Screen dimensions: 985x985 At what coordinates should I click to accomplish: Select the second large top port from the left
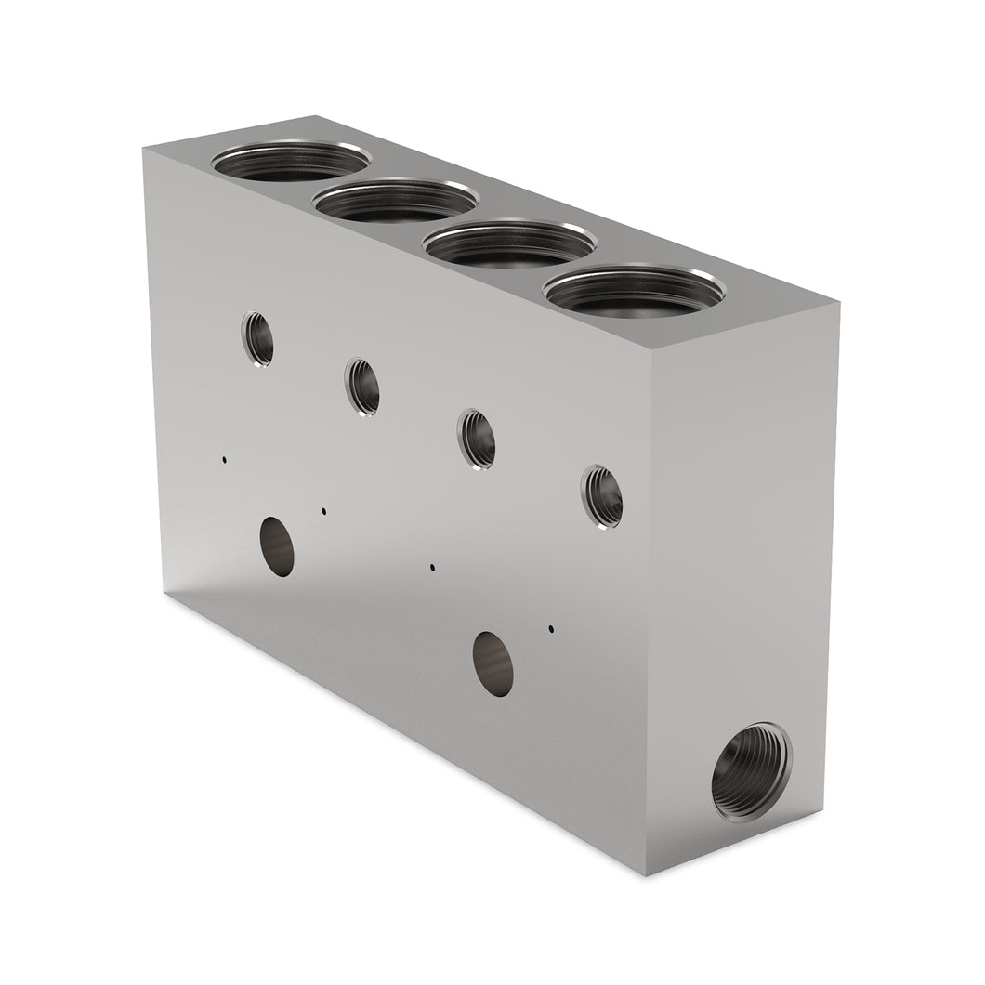pos(396,201)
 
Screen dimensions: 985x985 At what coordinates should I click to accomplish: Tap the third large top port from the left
pos(509,244)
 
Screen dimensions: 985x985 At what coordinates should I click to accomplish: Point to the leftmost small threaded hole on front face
pos(257,338)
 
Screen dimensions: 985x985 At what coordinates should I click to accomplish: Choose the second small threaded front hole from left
pos(362,387)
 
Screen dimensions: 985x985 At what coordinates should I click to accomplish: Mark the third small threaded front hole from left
pos(477,438)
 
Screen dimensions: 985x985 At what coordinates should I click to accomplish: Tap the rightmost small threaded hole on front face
pos(601,494)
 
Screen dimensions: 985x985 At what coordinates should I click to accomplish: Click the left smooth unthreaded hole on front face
pos(277,545)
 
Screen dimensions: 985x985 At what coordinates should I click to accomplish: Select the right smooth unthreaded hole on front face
pos(492,663)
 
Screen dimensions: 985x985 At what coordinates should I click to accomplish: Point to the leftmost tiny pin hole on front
pos(224,459)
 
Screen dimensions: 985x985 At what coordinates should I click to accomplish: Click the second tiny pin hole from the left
pos(323,510)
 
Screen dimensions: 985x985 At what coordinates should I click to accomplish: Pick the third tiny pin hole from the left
pos(432,566)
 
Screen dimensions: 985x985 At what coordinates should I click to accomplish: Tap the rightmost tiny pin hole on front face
pos(551,629)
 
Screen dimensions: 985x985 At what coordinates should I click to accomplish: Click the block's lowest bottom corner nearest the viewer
pos(650,875)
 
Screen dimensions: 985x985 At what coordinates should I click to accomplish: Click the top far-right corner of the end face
pos(839,303)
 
